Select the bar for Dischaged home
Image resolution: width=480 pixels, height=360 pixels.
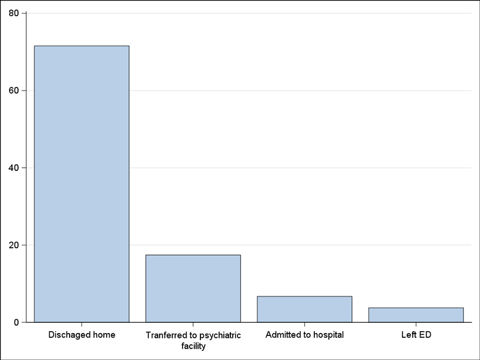point(82,184)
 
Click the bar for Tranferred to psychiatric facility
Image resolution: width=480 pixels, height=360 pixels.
point(193,289)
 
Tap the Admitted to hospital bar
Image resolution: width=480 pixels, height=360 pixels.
point(305,309)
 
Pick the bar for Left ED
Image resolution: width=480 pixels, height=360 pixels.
point(416,315)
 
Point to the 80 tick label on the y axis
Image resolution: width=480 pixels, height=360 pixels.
point(14,13)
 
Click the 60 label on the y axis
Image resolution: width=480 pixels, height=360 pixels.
point(14,91)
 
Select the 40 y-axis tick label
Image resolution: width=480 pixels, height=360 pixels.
point(14,168)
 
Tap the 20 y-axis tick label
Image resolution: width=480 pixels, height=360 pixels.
point(14,245)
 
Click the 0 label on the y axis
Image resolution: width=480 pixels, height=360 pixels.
point(16,322)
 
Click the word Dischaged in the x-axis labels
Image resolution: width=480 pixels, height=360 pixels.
point(68,335)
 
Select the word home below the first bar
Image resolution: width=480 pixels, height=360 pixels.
point(102,335)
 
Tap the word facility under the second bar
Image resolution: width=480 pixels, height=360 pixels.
point(193,346)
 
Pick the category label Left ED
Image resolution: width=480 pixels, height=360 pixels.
point(416,335)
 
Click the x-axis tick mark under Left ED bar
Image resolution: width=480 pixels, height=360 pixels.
point(416,325)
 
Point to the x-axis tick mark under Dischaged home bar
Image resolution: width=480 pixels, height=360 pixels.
point(82,325)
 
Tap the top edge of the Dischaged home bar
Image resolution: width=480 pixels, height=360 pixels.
point(82,46)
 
